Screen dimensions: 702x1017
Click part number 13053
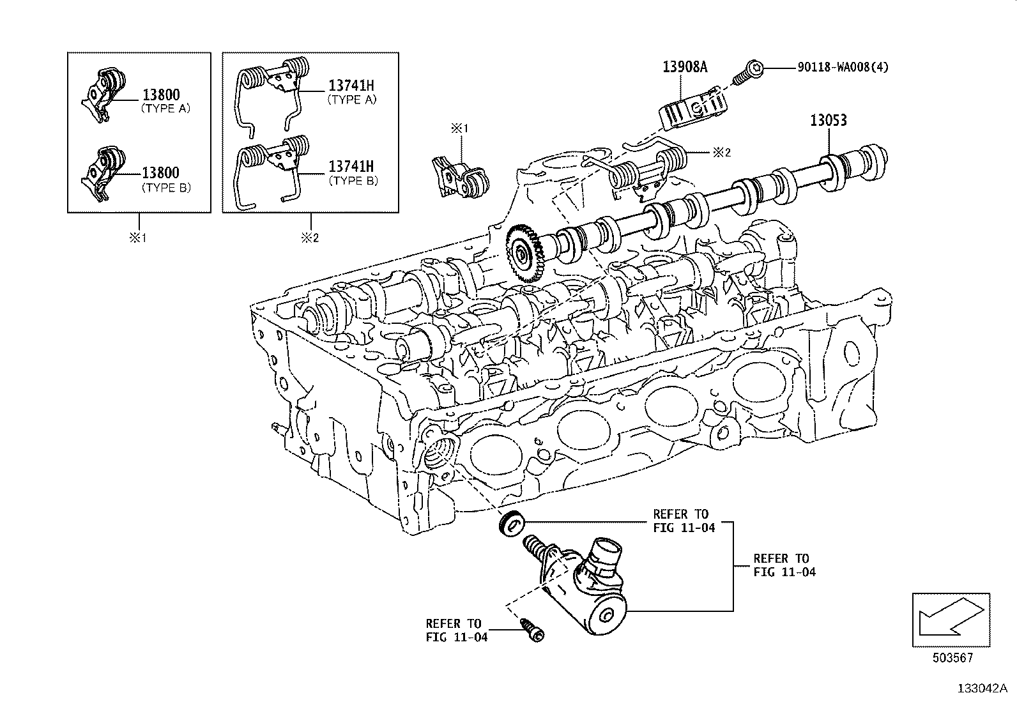(x=829, y=121)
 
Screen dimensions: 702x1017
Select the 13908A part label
(x=682, y=68)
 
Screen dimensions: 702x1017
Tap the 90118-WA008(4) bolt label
(x=842, y=67)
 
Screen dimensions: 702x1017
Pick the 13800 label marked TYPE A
(x=160, y=95)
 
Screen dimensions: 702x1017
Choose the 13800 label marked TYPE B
(x=160, y=173)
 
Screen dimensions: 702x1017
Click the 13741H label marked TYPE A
(x=351, y=86)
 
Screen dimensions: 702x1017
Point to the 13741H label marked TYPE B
(x=351, y=166)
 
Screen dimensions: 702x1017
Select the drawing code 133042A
(x=981, y=689)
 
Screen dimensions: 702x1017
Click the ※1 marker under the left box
(x=139, y=238)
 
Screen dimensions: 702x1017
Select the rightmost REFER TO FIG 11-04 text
(x=784, y=565)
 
